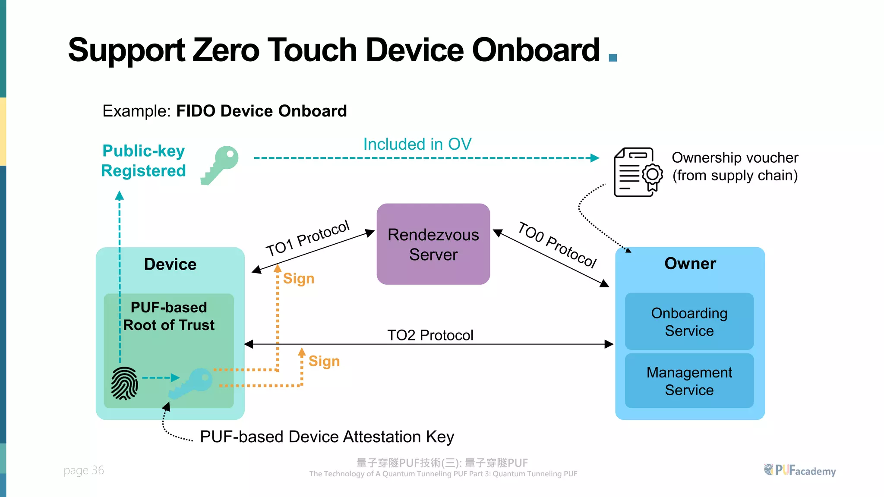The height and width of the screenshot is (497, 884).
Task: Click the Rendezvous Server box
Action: [433, 244]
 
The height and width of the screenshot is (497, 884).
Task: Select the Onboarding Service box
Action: [689, 321]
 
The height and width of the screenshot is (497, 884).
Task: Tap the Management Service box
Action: [689, 381]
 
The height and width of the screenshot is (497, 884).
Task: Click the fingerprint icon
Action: [125, 383]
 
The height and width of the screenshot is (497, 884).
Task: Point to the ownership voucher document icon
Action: [638, 172]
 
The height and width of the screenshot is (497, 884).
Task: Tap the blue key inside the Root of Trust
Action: [191, 383]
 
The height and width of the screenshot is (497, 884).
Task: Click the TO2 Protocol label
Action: [430, 335]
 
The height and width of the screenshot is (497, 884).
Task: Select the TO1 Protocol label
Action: [307, 238]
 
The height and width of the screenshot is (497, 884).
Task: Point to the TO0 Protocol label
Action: [557, 245]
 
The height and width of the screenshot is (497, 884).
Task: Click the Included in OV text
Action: [417, 144]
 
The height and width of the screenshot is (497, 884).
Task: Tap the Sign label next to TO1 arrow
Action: [298, 279]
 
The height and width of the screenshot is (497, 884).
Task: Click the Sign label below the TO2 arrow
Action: [324, 361]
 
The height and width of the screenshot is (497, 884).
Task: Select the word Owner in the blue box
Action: [690, 264]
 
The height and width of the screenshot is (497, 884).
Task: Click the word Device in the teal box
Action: [170, 264]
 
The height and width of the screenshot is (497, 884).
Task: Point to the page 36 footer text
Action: [84, 470]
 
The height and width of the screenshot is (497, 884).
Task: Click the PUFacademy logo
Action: [800, 470]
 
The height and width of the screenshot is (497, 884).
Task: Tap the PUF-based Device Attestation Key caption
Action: [327, 437]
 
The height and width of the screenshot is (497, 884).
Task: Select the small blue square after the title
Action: [612, 57]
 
